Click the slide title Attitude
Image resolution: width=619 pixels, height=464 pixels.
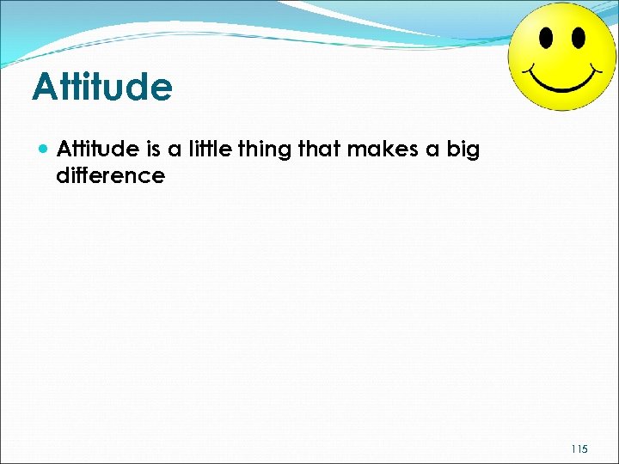click(101, 88)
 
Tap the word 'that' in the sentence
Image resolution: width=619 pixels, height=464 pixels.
click(318, 150)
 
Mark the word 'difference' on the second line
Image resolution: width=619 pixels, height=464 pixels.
click(110, 176)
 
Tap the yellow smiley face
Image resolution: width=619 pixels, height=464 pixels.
click(561, 56)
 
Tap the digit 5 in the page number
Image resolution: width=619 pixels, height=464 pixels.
click(585, 449)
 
